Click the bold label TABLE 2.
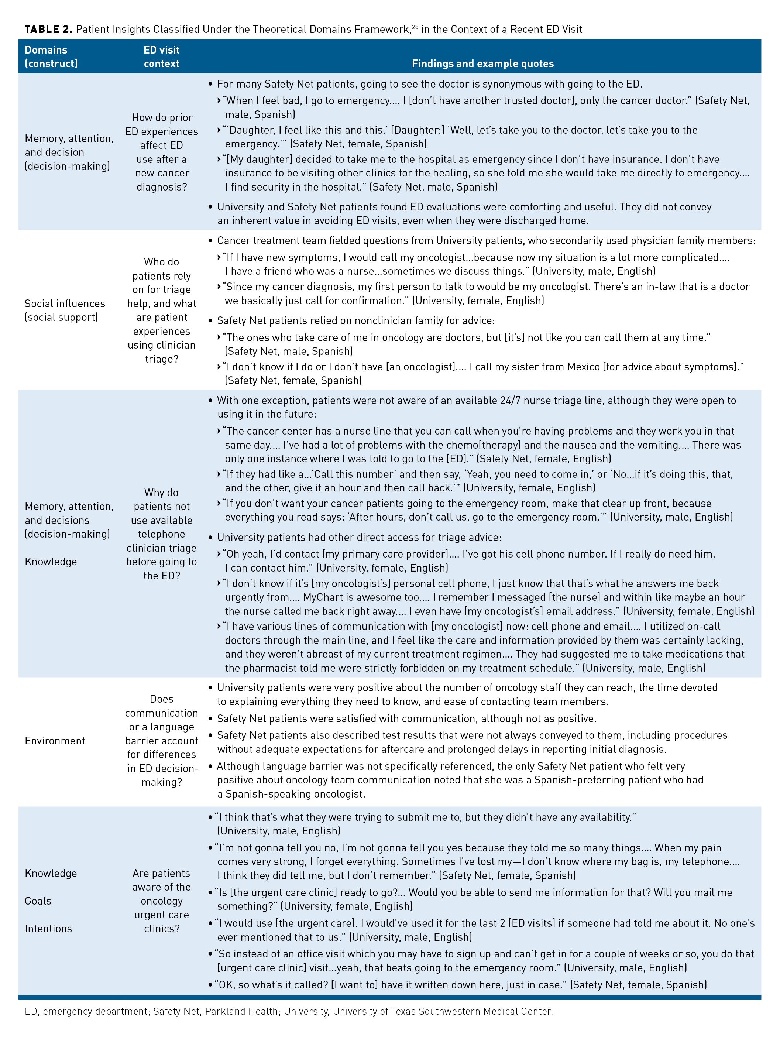click(48, 30)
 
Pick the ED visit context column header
click(162, 56)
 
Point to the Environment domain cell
click(55, 741)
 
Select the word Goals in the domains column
click(38, 901)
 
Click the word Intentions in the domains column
click(48, 929)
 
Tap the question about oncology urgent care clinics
click(162, 901)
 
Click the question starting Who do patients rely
click(162, 310)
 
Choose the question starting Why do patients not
click(162, 534)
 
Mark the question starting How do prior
click(162, 152)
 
